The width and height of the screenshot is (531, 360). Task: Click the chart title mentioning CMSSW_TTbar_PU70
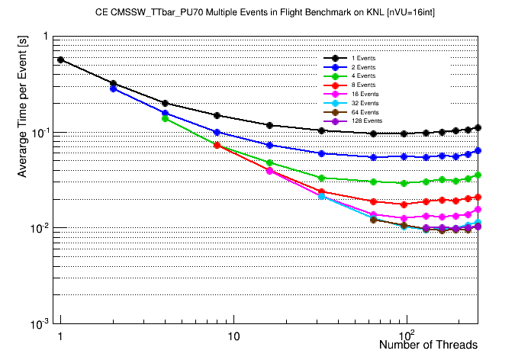coord(265,14)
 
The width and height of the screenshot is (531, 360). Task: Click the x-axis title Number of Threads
coord(428,345)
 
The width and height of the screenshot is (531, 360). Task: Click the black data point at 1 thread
coord(60,59)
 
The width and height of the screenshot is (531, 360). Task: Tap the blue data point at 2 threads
coord(113,88)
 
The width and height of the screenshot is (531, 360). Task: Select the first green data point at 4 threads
coord(165,118)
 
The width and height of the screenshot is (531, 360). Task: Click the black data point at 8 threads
coord(217,115)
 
